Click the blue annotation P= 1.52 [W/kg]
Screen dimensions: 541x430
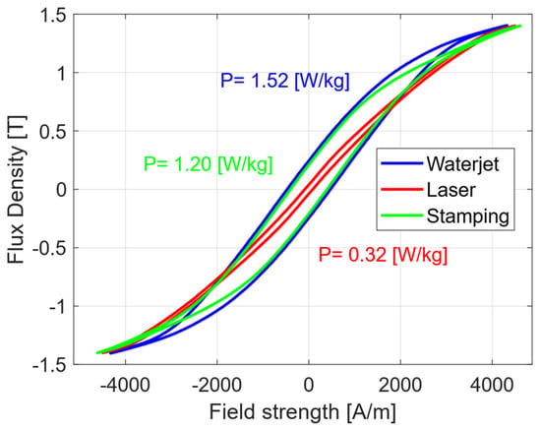pos(285,81)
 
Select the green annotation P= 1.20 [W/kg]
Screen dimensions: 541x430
pos(209,164)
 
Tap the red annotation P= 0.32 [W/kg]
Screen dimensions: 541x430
pos(383,256)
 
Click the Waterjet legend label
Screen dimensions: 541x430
pos(462,163)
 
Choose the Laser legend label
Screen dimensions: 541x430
pos(451,190)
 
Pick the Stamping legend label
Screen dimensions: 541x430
pos(468,216)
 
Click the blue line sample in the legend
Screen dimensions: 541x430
pos(402,163)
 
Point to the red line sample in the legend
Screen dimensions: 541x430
pos(402,190)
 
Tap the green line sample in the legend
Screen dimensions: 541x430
pos(402,215)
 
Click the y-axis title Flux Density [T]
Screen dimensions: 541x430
pos(16,190)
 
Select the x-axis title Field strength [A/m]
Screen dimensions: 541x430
pos(302,412)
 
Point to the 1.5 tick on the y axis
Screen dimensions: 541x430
pos(53,16)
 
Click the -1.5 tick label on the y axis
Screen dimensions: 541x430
pos(49,365)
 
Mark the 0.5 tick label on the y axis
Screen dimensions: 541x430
pos(53,132)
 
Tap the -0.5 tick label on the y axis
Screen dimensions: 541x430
pos(49,249)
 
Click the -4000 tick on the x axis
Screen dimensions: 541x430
pos(125,385)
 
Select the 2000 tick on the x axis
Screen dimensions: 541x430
pos(400,385)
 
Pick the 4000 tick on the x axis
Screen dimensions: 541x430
pos(492,385)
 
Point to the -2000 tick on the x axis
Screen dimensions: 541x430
pos(216,385)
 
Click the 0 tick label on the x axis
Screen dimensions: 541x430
pos(309,385)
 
